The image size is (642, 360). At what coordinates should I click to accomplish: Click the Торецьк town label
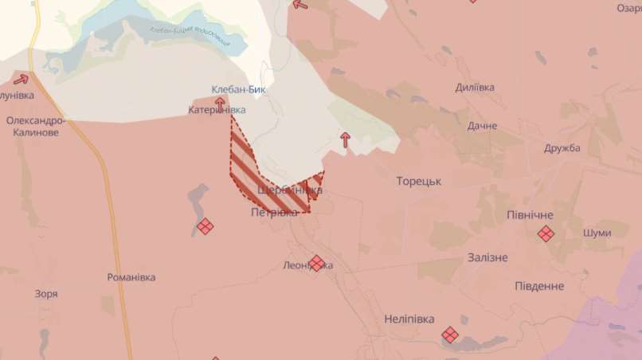pyautogui.click(x=418, y=182)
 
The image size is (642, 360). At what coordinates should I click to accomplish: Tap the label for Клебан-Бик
pyautogui.click(x=239, y=90)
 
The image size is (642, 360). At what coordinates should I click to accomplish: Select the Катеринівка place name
pyautogui.click(x=217, y=110)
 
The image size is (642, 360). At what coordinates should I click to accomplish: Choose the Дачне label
pyautogui.click(x=482, y=126)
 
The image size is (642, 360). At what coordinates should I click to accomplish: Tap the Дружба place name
pyautogui.click(x=562, y=148)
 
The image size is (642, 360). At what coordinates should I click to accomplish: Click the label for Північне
pyautogui.click(x=530, y=215)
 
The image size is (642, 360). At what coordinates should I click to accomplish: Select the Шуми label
pyautogui.click(x=597, y=233)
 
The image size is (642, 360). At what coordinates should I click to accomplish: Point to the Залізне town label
pyautogui.click(x=487, y=257)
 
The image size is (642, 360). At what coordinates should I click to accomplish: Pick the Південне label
pyautogui.click(x=538, y=286)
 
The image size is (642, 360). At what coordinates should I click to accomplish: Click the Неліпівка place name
pyautogui.click(x=409, y=319)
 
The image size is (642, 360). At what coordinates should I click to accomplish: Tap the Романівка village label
pyautogui.click(x=131, y=277)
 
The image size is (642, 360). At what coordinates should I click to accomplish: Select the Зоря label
pyautogui.click(x=46, y=294)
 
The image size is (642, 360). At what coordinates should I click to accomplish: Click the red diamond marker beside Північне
pyautogui.click(x=546, y=233)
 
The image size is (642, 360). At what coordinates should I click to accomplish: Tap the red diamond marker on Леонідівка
pyautogui.click(x=317, y=263)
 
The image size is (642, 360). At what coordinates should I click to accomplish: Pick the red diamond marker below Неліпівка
pyautogui.click(x=450, y=335)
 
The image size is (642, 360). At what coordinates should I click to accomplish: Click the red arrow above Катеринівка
pyautogui.click(x=220, y=101)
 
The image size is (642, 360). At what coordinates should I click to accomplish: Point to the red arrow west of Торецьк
pyautogui.click(x=345, y=140)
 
